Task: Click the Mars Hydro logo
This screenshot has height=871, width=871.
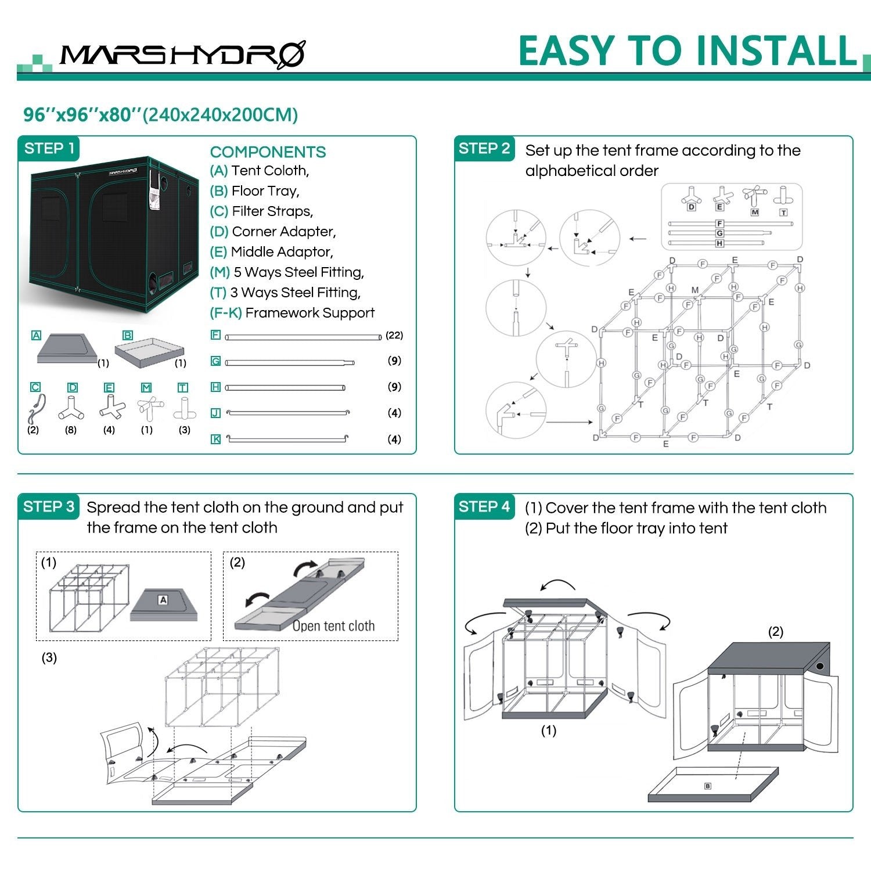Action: point(182,56)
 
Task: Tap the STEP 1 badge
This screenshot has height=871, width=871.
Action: point(49,149)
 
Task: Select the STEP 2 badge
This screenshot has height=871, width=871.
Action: point(484,149)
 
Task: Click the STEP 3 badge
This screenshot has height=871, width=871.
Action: point(49,507)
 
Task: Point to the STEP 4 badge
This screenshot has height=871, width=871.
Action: point(484,507)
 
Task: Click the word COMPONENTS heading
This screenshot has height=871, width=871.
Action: point(268,152)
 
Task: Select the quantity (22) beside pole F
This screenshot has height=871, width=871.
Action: point(394,336)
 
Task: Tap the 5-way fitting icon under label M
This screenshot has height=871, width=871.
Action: point(149,409)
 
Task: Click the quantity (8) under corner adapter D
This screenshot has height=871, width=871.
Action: point(71,430)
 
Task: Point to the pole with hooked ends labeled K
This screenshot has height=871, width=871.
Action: point(288,439)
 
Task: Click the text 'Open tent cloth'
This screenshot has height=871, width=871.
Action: point(333,626)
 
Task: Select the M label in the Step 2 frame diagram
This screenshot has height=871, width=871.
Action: point(695,290)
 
